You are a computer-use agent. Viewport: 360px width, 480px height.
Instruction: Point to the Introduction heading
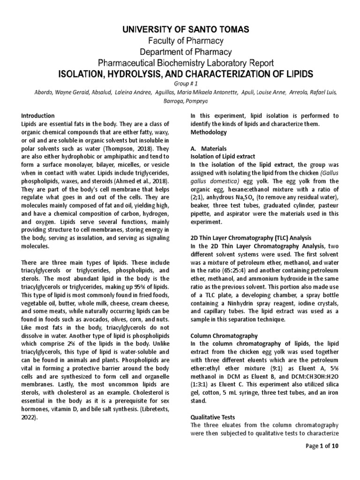click(38, 116)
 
